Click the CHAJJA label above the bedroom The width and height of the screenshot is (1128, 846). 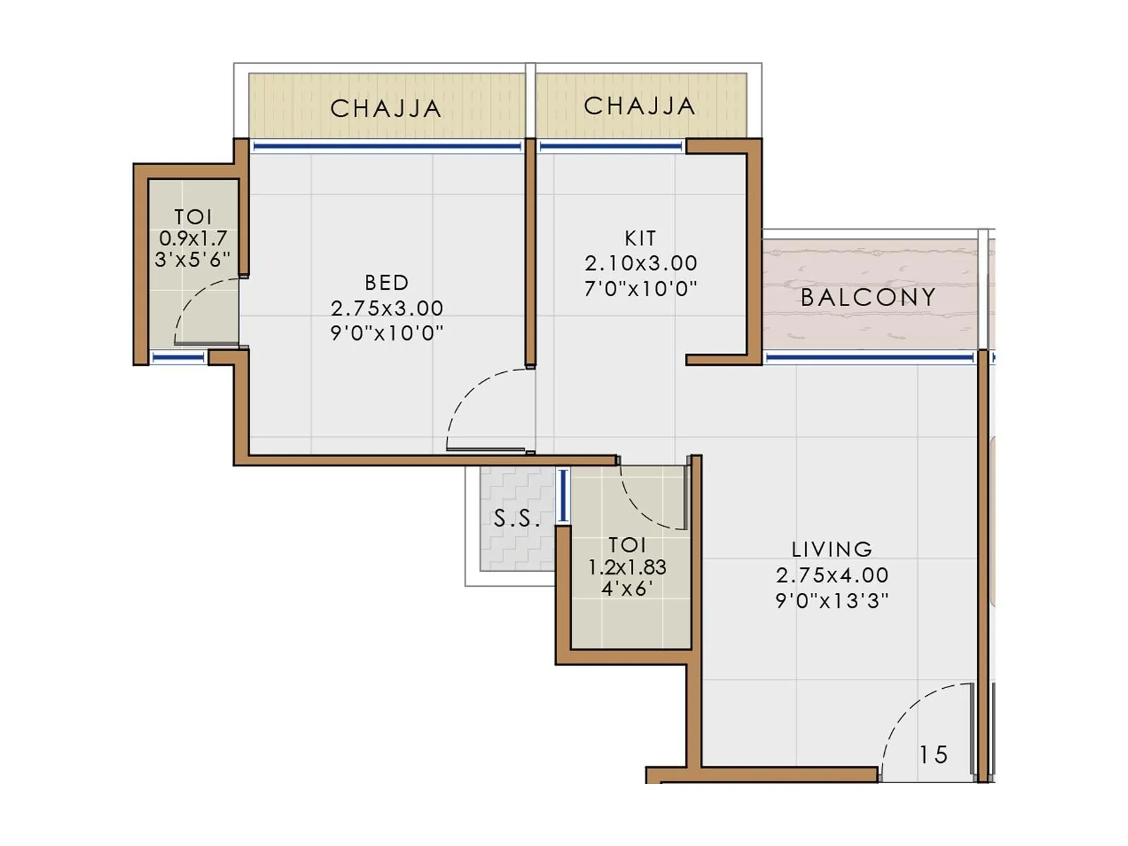click(386, 109)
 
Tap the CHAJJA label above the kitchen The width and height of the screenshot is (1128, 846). click(639, 106)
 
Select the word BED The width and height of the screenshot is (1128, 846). click(386, 283)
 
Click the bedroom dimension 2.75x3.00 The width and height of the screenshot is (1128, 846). click(386, 308)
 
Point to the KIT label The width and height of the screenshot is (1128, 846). click(640, 238)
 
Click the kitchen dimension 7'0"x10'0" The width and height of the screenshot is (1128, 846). click(640, 288)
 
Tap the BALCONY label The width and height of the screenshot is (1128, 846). click(869, 298)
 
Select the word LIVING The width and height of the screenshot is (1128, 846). click(832, 549)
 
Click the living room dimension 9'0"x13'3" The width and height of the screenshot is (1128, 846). click(832, 601)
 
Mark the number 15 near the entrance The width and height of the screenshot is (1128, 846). click(933, 755)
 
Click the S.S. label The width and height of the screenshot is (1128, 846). click(517, 520)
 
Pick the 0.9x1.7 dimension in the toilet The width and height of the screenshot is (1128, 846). click(192, 238)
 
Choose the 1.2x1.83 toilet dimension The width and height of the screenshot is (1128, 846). click(627, 567)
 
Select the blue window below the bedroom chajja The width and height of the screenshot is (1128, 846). click(386, 147)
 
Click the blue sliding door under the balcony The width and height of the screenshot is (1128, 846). click(869, 358)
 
